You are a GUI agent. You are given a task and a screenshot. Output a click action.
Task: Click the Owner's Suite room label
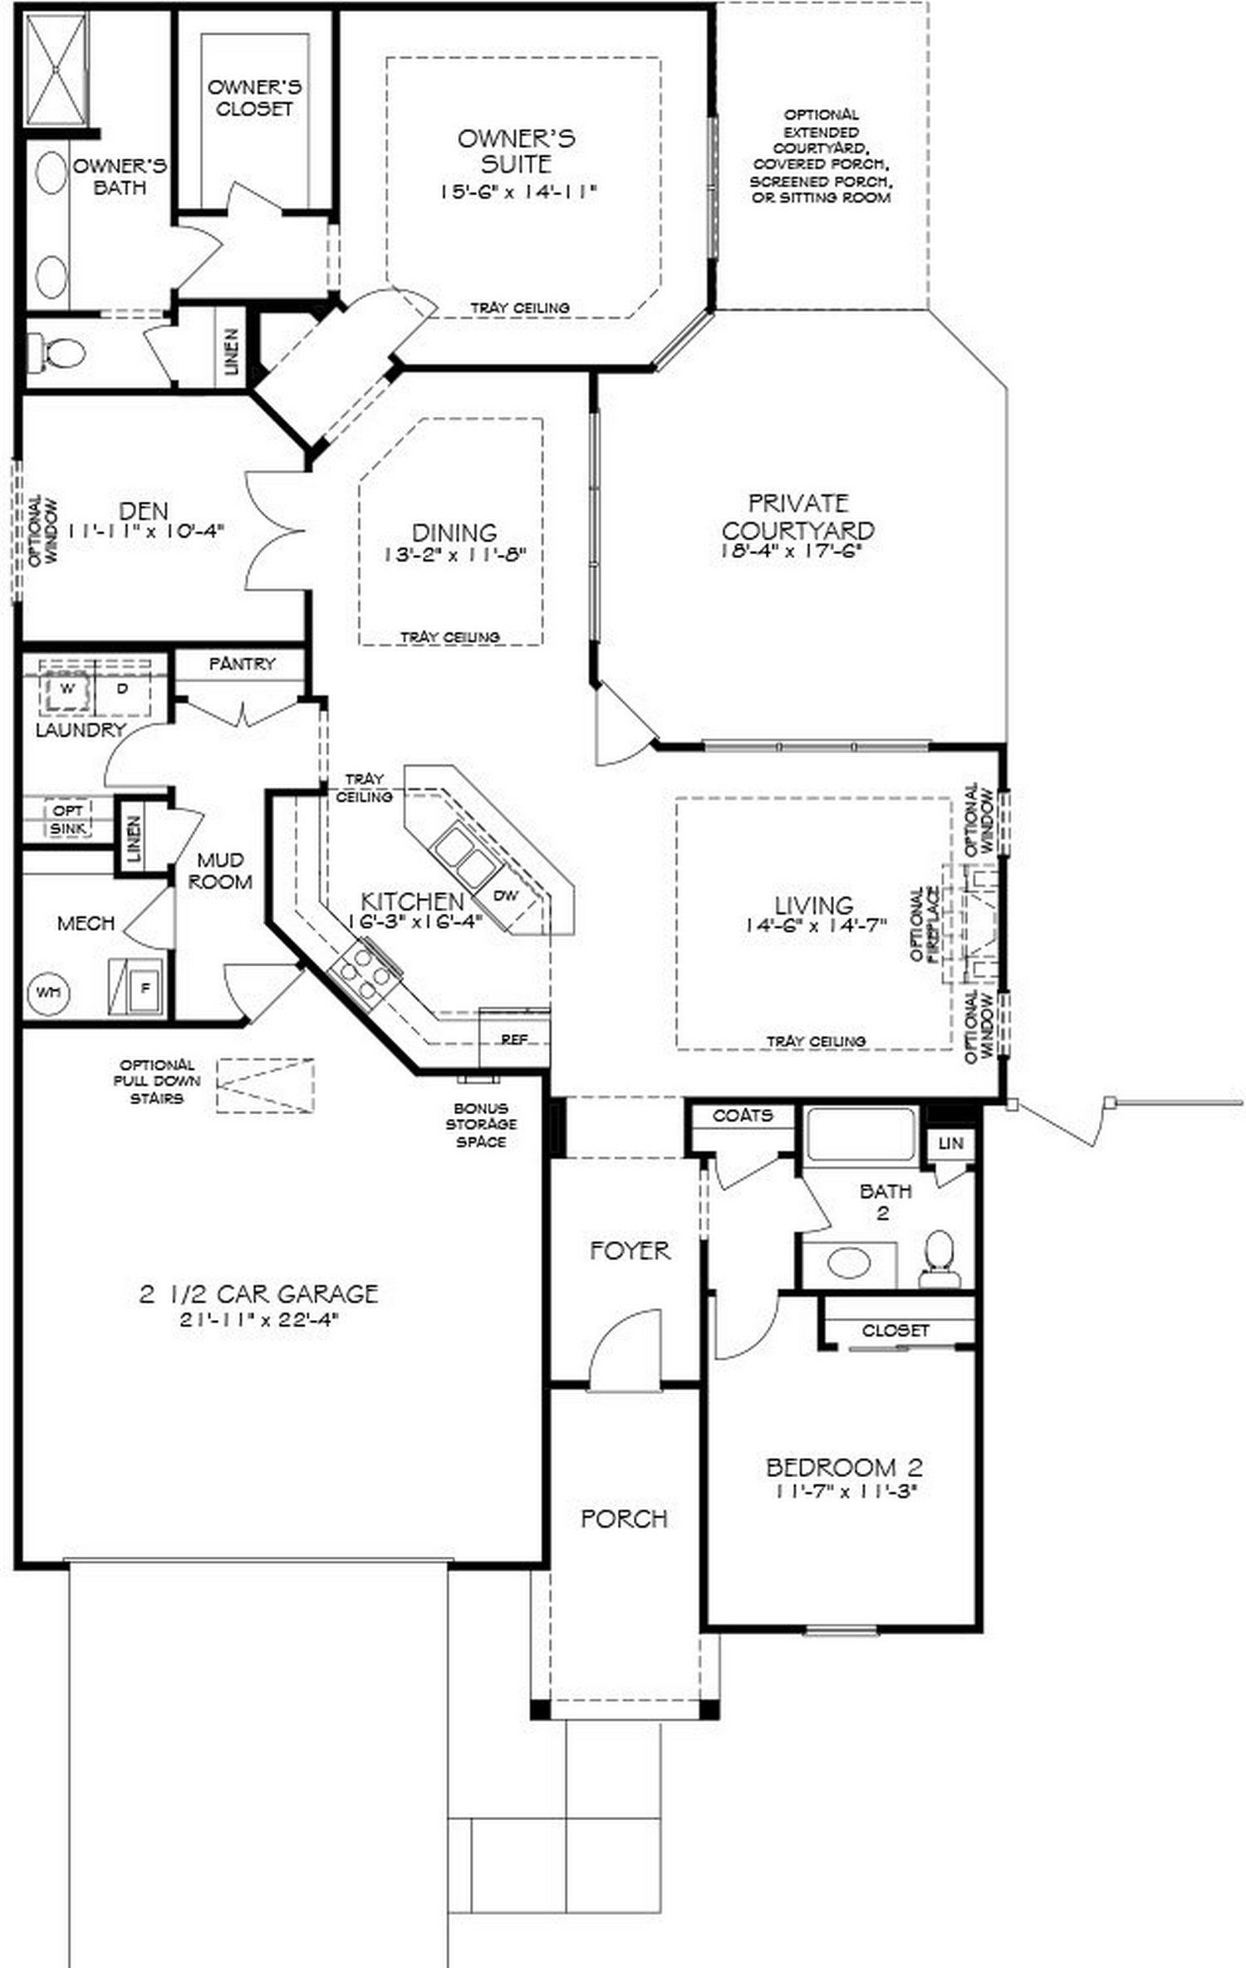516,150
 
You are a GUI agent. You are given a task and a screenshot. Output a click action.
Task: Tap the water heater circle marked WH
48,991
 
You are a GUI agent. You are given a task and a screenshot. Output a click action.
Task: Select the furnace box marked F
145,988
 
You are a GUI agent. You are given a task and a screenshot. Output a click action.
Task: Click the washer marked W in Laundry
66,689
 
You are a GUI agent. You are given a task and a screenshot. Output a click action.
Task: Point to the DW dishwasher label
505,895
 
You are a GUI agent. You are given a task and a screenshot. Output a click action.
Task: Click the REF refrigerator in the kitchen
514,1038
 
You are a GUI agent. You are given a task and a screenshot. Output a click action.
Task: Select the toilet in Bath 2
939,1257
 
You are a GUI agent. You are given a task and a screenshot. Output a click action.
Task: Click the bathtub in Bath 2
861,1134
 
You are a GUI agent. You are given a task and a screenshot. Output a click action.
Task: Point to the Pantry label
242,664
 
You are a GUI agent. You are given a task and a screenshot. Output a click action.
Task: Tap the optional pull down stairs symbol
265,1085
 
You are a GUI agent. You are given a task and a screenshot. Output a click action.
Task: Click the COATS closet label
743,1116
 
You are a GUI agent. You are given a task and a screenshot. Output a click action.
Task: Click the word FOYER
630,1250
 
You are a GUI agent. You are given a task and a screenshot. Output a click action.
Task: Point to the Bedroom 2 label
843,1467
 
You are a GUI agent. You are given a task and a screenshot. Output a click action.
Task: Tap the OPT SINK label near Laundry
67,818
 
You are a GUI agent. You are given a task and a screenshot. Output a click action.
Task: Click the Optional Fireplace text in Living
924,924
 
